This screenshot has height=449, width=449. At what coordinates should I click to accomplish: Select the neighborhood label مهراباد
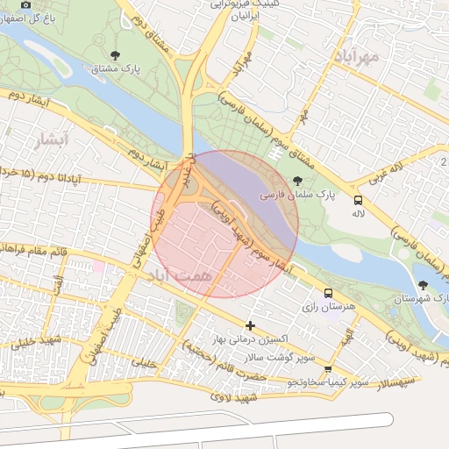click(x=354, y=56)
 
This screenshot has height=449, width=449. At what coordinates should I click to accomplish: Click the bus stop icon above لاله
click(x=358, y=200)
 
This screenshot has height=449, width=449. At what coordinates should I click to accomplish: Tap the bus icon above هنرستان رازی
click(x=329, y=294)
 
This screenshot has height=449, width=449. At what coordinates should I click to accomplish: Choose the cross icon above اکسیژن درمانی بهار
click(x=252, y=325)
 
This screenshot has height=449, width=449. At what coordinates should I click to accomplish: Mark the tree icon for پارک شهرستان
click(x=425, y=285)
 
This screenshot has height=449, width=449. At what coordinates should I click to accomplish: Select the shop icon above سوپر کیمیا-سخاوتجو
click(x=328, y=370)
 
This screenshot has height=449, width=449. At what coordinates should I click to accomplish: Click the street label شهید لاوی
click(x=235, y=397)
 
